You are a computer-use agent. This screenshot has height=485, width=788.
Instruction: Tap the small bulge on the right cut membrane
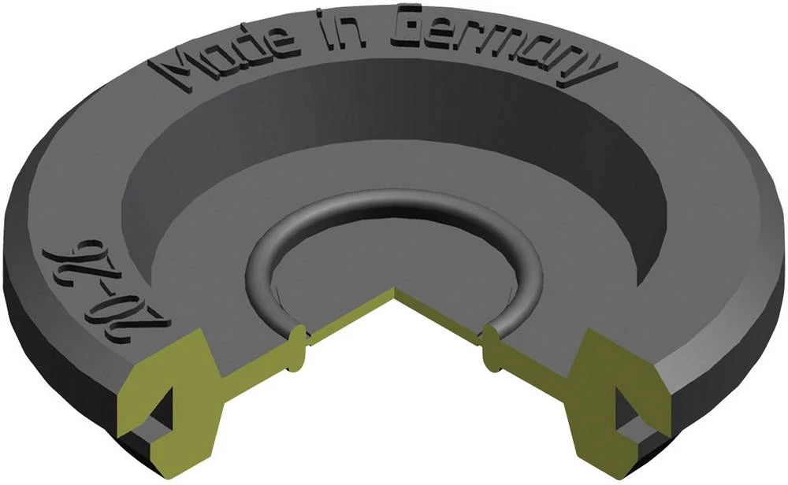tap(489, 346)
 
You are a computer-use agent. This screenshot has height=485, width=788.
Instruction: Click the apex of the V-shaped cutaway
tap(393, 293)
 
